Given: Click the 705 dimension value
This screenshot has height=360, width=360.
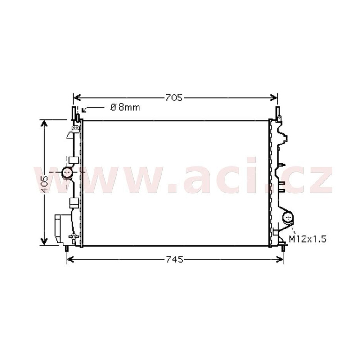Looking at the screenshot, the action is coord(174,98).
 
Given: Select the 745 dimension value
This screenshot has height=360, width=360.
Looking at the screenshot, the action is coord(174,260).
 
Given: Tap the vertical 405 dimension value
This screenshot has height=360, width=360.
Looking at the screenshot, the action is coord(44,184).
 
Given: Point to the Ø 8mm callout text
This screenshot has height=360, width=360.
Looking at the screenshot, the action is coord(126,108).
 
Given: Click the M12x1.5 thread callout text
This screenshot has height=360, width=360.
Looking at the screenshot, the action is coord(307,239).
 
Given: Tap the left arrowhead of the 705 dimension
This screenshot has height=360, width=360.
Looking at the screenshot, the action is coord(76,98).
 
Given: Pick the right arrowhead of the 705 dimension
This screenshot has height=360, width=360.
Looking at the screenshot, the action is coord(274,98).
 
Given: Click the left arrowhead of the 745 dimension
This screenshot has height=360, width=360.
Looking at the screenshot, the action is coord(70,260).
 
